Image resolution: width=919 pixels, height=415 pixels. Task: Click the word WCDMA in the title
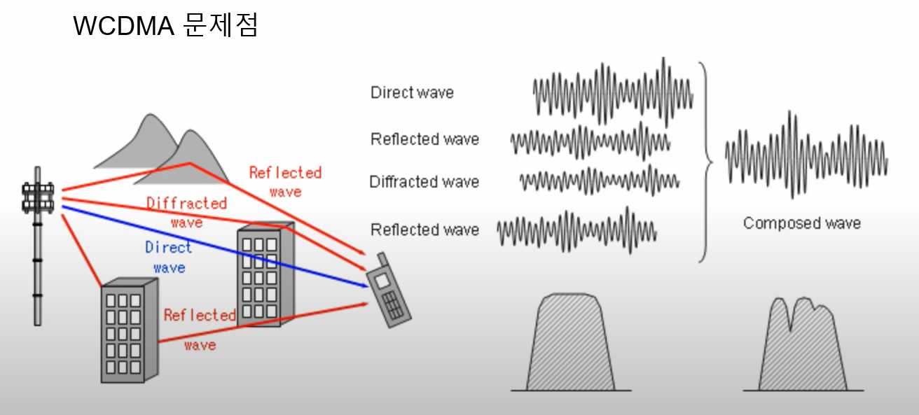pos(123,26)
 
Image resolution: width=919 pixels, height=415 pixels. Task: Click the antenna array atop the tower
pos(38,197)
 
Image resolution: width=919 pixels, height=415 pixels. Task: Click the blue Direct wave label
pos(168,257)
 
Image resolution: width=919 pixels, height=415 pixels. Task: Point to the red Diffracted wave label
pos(186,212)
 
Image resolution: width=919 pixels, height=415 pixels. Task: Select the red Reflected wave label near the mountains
pos(285,181)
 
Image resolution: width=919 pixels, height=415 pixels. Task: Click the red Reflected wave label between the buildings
pos(200,329)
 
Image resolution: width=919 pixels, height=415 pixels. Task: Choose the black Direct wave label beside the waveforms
pos(412,92)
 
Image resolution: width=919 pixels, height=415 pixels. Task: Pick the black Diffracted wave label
pos(424,182)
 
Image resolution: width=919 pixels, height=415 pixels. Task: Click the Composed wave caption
pos(801,223)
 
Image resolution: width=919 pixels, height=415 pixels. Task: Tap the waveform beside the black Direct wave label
pos(613,93)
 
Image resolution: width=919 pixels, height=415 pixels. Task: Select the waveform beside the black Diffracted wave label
pos(599,180)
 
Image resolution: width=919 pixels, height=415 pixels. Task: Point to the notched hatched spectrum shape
pos(801,346)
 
